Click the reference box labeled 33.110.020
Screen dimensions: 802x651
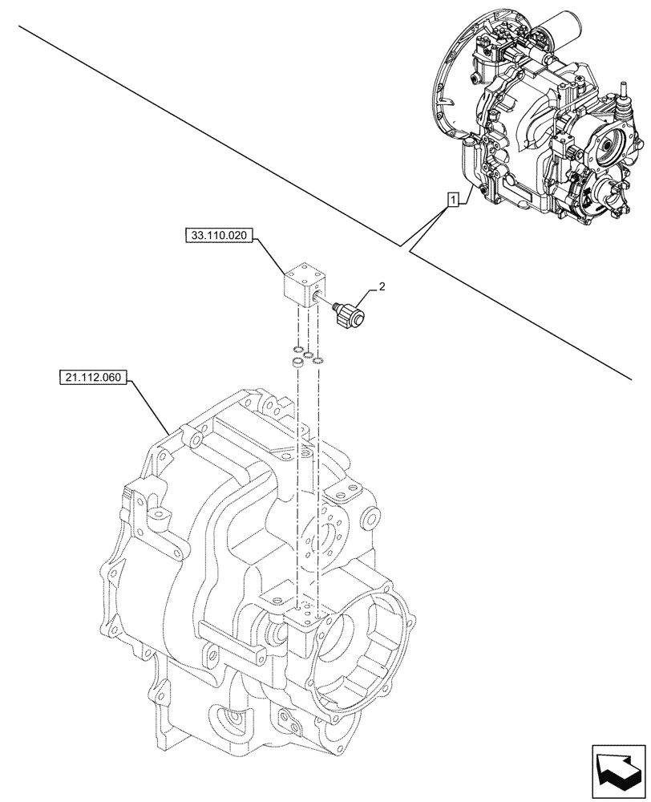point(219,236)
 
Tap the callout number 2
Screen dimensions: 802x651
point(382,286)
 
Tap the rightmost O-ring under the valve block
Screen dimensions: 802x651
point(317,358)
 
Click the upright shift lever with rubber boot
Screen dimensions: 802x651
point(621,96)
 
